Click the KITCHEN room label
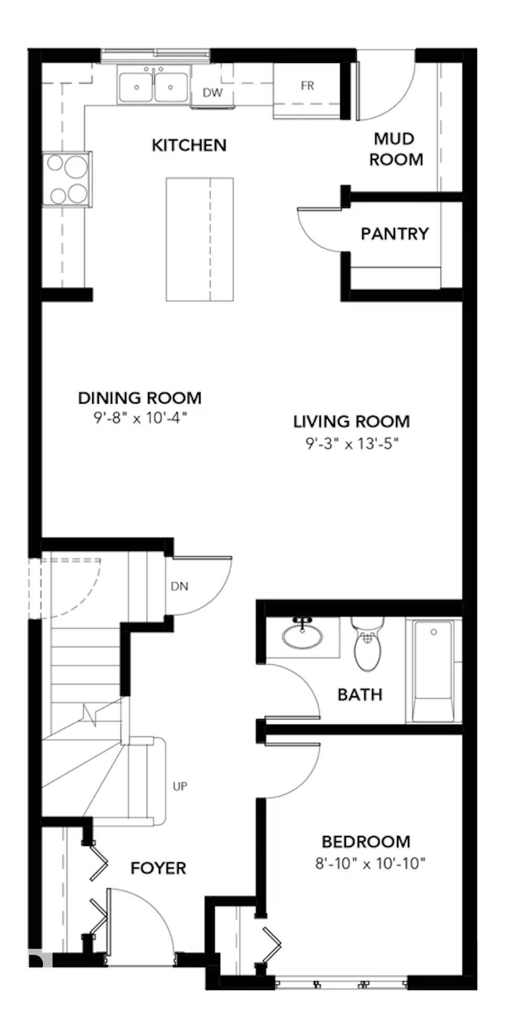point(189,145)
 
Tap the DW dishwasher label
point(212,93)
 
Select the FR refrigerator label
point(307,85)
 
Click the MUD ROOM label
point(396,149)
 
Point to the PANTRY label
point(394,233)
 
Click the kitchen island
point(199,239)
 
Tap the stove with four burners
point(67,179)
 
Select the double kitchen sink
point(153,86)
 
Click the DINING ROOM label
point(139,398)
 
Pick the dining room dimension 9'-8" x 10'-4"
point(139,418)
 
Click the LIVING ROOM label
point(351,421)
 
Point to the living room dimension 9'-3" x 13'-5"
point(352,444)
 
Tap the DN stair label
point(179,586)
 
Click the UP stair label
point(180,786)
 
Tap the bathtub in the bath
point(432,671)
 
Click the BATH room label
point(360,695)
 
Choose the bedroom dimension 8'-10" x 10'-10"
point(370,863)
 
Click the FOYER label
point(158,868)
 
